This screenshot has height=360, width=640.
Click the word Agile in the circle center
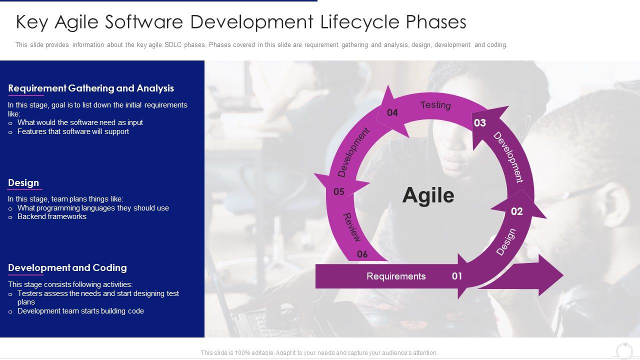pos(428,195)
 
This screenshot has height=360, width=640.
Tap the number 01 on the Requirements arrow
pos(457,276)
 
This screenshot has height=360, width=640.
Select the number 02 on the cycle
pos(516,211)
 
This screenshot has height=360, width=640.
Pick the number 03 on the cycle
pos(479,123)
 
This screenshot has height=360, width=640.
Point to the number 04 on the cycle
pos(392,113)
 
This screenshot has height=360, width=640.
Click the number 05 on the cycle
pos(339,191)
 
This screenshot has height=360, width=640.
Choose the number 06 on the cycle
pos(362,254)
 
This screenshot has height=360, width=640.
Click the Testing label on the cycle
pos(435,105)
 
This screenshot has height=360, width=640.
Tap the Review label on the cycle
pos(351,227)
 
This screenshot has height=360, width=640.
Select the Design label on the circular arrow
pos(505,242)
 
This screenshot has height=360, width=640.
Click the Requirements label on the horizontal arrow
pos(396,276)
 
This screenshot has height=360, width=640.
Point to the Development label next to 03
pos(508,157)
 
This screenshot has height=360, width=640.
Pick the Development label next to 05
pos(353,152)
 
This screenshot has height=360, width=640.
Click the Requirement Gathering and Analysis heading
pos(91,88)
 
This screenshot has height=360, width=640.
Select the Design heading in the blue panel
pos(23,183)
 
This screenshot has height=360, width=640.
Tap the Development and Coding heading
pos(67,268)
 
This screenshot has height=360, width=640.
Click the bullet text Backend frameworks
pos(52,216)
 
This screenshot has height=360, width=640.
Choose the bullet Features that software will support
pos(73,131)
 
